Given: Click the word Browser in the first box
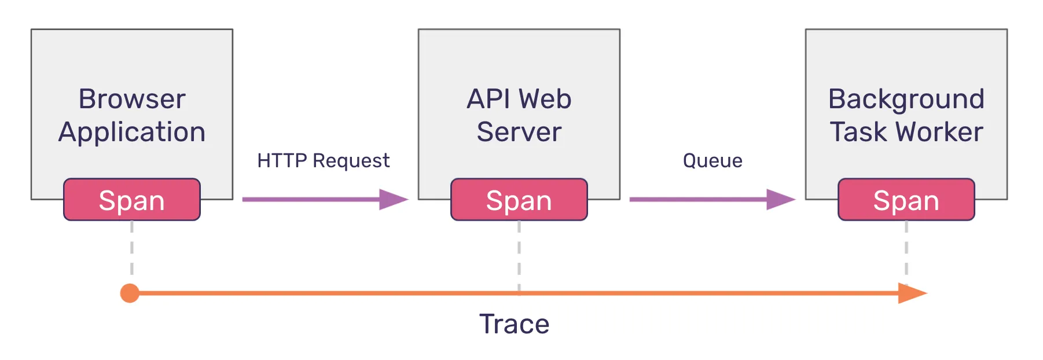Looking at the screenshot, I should point(132,99).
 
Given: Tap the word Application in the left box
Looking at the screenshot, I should point(132,133).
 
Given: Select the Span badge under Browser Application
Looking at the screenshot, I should point(132,200).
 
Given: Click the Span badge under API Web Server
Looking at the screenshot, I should point(519,200).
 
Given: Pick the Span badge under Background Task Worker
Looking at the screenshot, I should point(906,200).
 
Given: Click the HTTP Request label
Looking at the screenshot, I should point(323,160).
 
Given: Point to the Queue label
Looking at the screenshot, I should point(712,160).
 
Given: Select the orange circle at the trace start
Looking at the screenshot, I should point(130,293).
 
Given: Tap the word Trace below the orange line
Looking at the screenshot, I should point(514,324).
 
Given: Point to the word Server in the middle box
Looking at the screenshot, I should point(519,132).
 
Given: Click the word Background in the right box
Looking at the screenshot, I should point(906,99).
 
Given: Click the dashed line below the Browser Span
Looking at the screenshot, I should point(132,249).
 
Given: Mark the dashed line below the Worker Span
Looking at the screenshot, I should point(906,249).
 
